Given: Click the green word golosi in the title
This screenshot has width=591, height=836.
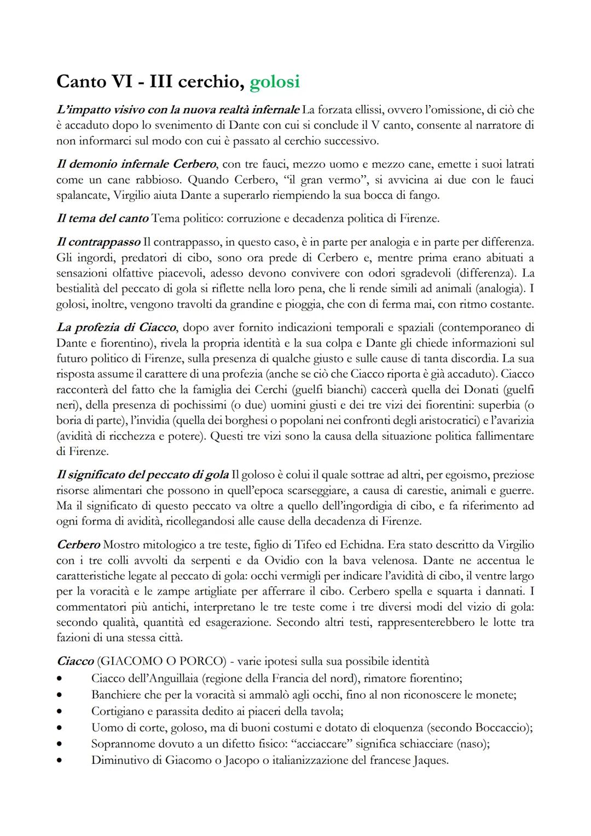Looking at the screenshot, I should (274, 82).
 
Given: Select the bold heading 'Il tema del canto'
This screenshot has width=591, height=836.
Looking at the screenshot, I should (102, 218).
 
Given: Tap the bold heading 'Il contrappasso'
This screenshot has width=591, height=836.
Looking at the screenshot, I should (99, 242).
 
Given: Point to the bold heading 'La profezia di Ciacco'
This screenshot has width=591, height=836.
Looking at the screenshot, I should (117, 327).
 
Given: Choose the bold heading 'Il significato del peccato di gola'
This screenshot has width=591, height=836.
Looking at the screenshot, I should (143, 474).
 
